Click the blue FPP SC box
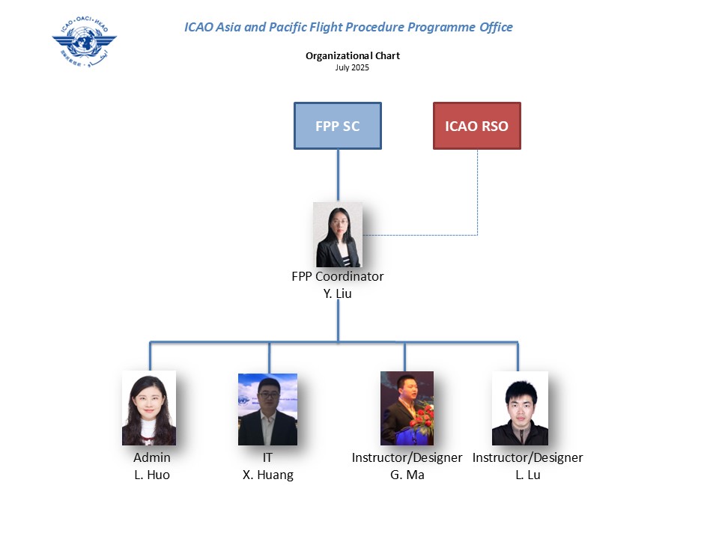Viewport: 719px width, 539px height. (338, 126)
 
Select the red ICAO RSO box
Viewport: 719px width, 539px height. (476, 126)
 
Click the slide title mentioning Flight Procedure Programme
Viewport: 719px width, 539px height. (348, 28)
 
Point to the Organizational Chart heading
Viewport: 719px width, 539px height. (353, 56)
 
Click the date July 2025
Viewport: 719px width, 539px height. (353, 67)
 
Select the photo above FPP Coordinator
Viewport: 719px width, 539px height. (339, 235)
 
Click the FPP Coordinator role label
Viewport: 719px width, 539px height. (338, 276)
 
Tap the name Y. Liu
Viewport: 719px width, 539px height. (337, 293)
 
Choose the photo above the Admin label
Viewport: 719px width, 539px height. (149, 408)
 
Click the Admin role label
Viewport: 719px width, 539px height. (152, 457)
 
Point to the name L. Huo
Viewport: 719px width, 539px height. (152, 475)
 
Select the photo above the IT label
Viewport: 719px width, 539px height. (267, 409)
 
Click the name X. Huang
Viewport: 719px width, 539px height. (268, 475)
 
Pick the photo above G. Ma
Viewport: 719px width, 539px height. (407, 408)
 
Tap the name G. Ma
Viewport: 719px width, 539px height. (407, 475)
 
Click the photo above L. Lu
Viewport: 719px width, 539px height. (520, 408)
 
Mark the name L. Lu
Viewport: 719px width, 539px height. (528, 475)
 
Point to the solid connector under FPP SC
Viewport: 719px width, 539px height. (338, 175)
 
